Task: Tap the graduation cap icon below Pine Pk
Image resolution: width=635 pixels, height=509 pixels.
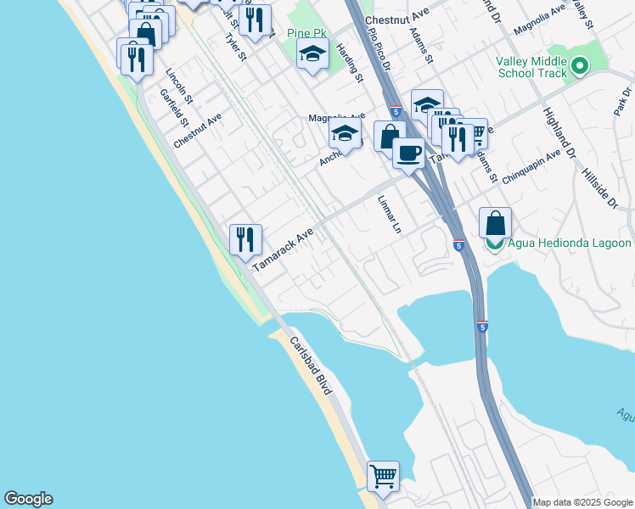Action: (x=312, y=55)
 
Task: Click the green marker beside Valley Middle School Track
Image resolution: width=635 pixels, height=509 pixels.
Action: (x=580, y=65)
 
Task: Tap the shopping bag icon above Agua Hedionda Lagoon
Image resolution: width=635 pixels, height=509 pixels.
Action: (x=496, y=224)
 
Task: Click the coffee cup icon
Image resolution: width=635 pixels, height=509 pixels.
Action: (x=408, y=154)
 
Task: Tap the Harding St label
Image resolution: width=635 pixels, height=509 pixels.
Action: (x=350, y=64)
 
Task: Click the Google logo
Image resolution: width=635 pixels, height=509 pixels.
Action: (x=28, y=499)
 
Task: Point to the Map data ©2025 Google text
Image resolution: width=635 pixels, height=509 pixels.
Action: (x=582, y=502)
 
